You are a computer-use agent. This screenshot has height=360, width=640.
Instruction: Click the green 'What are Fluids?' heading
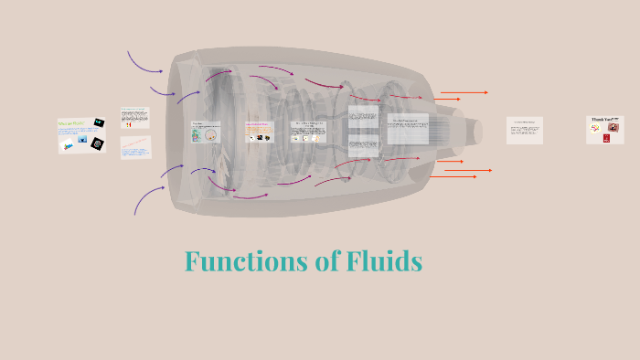(70, 122)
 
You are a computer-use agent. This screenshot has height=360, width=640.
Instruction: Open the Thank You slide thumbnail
(603, 129)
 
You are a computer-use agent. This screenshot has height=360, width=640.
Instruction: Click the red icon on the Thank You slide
(606, 138)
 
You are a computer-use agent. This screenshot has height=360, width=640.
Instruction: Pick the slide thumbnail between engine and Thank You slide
(524, 130)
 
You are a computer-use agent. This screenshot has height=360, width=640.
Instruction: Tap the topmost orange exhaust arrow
(464, 92)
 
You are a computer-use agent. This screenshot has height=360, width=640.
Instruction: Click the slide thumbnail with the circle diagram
(206, 132)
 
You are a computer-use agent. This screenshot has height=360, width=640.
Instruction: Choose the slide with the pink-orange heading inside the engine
(259, 132)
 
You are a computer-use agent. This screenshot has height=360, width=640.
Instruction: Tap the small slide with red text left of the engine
(134, 145)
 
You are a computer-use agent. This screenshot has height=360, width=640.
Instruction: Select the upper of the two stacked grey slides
(363, 117)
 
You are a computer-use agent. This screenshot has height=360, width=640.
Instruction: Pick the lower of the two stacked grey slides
(363, 143)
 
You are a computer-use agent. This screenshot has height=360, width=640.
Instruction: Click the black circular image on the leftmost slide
(96, 143)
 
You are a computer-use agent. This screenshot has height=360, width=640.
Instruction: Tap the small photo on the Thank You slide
(613, 128)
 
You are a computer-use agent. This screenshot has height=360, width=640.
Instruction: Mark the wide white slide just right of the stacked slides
(408, 128)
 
